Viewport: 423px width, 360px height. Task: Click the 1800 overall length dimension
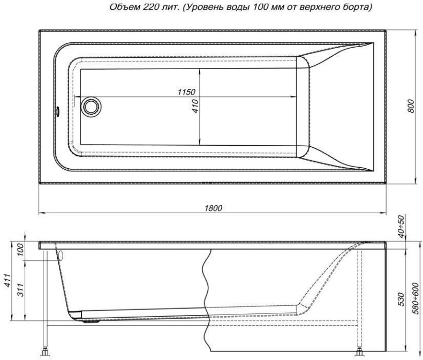pos(213,207)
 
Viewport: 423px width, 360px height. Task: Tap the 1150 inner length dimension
pos(186,92)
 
